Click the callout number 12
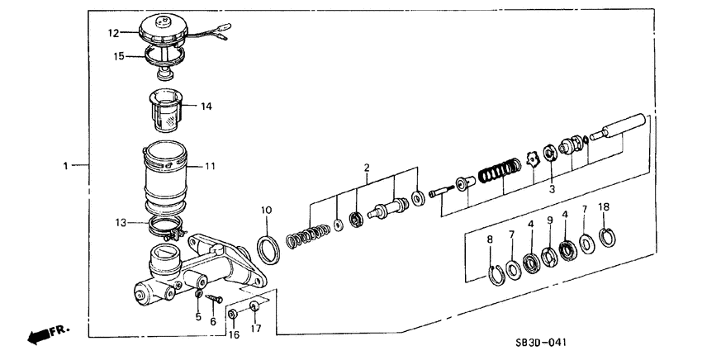112,33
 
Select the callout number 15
118,56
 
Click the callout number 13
119,222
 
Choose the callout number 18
604,206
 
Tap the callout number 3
550,189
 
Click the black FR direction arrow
41,335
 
